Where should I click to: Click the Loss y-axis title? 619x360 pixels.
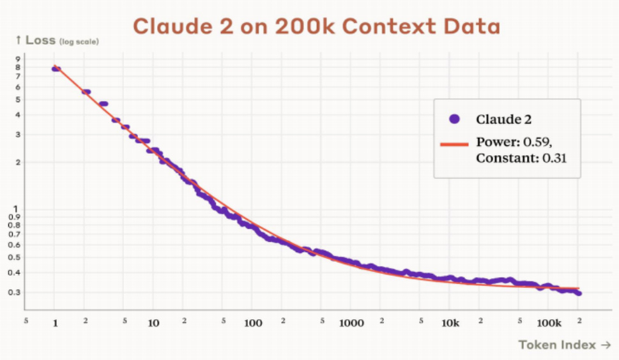[40, 40]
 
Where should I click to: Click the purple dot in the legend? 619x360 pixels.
[455, 119]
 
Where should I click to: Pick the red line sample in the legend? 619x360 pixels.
[455, 144]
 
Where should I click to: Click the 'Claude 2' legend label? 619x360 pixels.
[504, 119]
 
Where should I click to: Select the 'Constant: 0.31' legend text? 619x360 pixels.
[520, 156]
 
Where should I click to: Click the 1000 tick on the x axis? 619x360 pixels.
[351, 323]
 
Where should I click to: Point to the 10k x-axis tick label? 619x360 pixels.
[450, 323]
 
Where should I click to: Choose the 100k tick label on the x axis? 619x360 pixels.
[549, 323]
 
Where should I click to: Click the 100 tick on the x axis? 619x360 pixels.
[253, 323]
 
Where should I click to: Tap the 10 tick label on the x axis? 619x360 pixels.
[154, 323]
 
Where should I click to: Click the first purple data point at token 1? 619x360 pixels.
[56, 68]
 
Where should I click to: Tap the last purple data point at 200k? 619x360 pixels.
[578, 293]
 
